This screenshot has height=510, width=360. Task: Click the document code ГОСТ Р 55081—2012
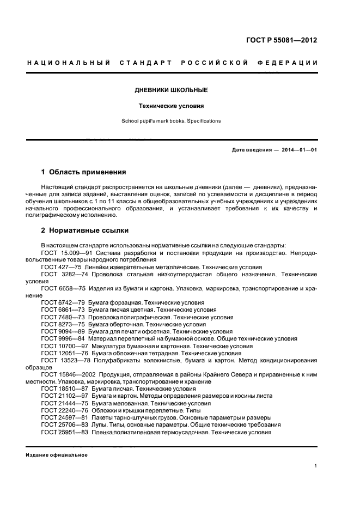tap(281, 40)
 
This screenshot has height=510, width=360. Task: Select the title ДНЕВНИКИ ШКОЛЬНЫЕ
tap(172, 90)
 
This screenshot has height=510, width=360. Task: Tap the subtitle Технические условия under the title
tap(172, 106)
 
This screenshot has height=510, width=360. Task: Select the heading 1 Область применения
tap(84, 172)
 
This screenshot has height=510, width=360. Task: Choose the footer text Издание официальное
tap(57, 455)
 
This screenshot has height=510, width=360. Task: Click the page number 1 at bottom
tap(316, 466)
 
